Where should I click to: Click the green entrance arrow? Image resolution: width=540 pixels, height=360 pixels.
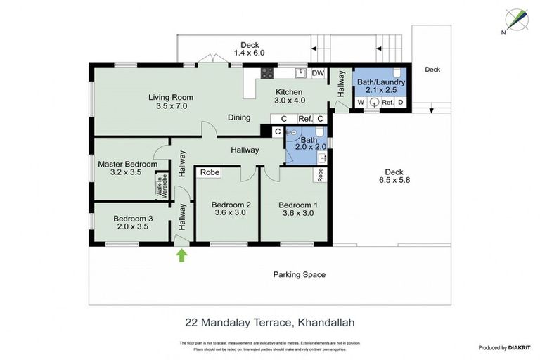point(182,255)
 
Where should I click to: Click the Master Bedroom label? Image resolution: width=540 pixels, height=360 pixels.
point(127,164)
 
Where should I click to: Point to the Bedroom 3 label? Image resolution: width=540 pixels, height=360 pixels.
point(133,218)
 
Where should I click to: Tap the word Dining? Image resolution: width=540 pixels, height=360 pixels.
point(239,117)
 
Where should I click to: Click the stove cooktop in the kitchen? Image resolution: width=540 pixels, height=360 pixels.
point(268,72)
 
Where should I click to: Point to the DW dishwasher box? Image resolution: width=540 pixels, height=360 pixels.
point(318,72)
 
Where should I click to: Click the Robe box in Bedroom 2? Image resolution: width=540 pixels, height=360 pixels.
point(209,172)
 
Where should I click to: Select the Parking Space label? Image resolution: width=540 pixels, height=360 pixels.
point(299,274)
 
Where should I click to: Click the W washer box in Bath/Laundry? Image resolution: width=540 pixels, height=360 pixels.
point(360,102)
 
